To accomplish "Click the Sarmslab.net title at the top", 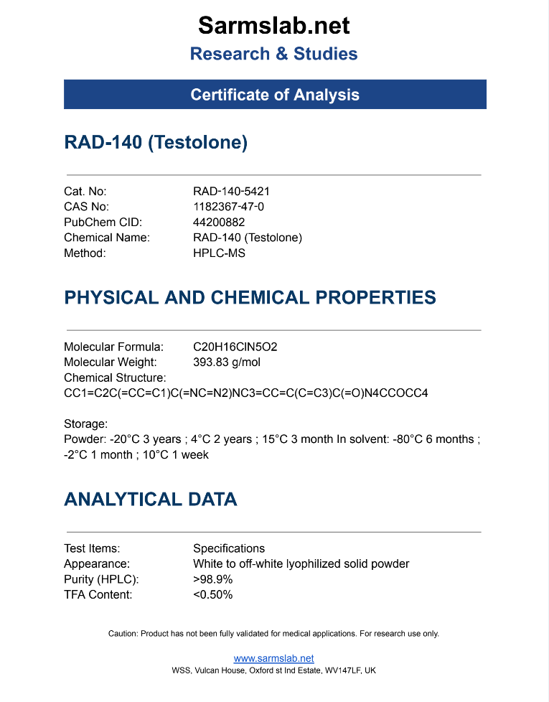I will [274, 26].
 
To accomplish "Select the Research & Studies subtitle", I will [274, 54].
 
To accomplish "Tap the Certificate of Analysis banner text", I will [275, 95].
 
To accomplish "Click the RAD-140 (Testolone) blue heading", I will [156, 142].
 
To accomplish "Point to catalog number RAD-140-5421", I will [231, 192].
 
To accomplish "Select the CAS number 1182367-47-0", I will [228, 207].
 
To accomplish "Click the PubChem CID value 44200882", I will [219, 223].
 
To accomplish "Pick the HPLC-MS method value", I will [219, 253].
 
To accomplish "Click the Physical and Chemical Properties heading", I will [250, 297].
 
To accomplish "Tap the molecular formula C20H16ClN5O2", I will [235, 347].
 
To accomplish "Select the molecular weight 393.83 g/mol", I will [226, 362].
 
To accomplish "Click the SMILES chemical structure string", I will [245, 393].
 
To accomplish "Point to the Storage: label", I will [85, 423].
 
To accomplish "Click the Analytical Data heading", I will [151, 499].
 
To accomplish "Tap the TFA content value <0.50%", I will [213, 595].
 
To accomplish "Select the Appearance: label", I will [97, 564].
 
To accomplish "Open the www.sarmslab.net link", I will [274, 658].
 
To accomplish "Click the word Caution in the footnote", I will [122, 634].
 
